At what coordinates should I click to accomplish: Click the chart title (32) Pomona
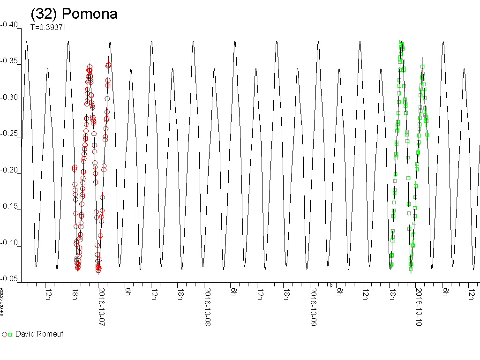click(74, 14)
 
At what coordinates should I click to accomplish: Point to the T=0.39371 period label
click(48, 27)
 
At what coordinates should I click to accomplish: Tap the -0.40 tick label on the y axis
click(9, 25)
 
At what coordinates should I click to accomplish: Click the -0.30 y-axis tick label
click(9, 97)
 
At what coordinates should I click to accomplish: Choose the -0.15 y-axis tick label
click(9, 207)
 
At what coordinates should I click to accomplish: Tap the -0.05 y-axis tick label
click(9, 279)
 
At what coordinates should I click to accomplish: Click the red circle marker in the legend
click(5, 335)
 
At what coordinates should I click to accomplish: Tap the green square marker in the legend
click(10, 335)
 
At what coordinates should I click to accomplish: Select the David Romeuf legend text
click(39, 334)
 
